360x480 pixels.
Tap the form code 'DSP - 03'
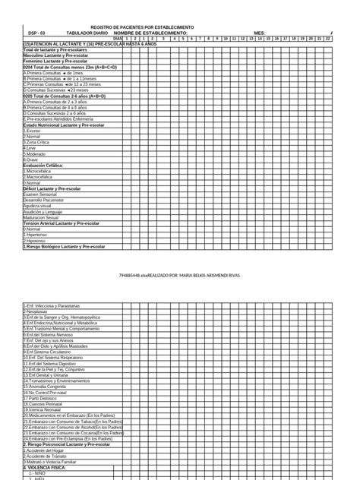tap(37, 33)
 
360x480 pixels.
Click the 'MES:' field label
tap(260, 33)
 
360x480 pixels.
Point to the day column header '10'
tap(227, 39)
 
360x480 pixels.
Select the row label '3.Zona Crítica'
tap(39, 142)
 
